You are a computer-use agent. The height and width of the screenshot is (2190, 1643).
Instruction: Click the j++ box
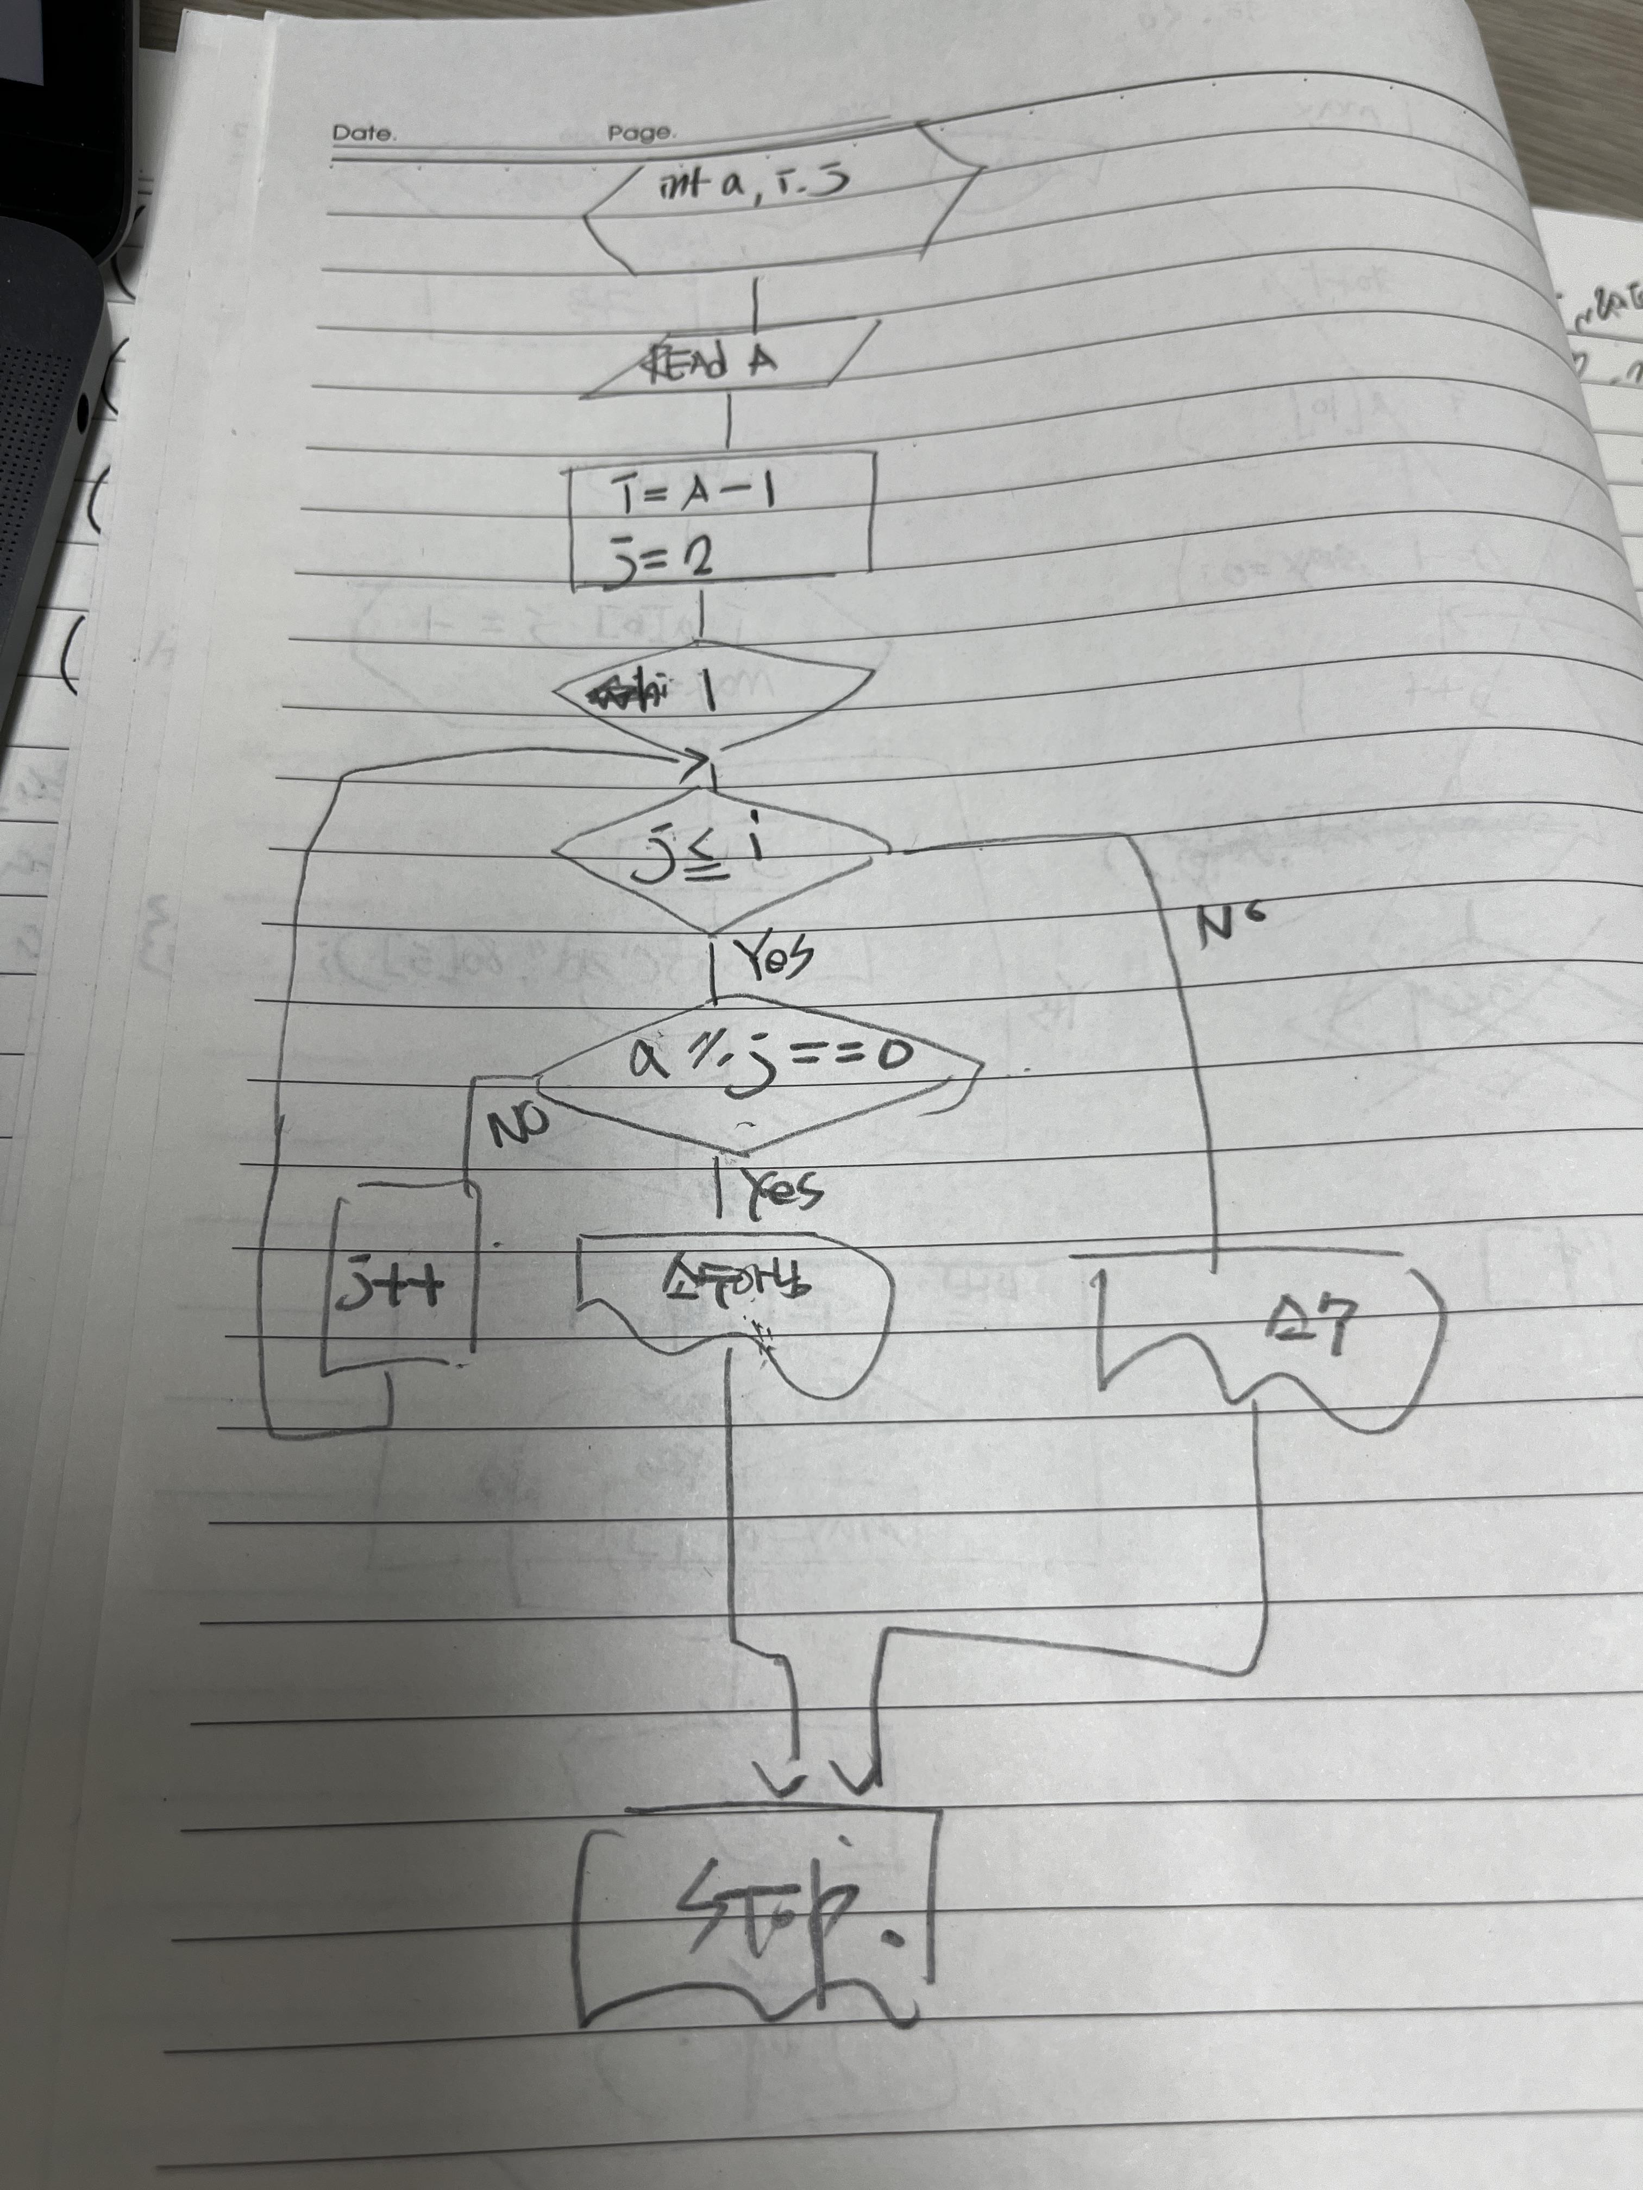coord(401,1287)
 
